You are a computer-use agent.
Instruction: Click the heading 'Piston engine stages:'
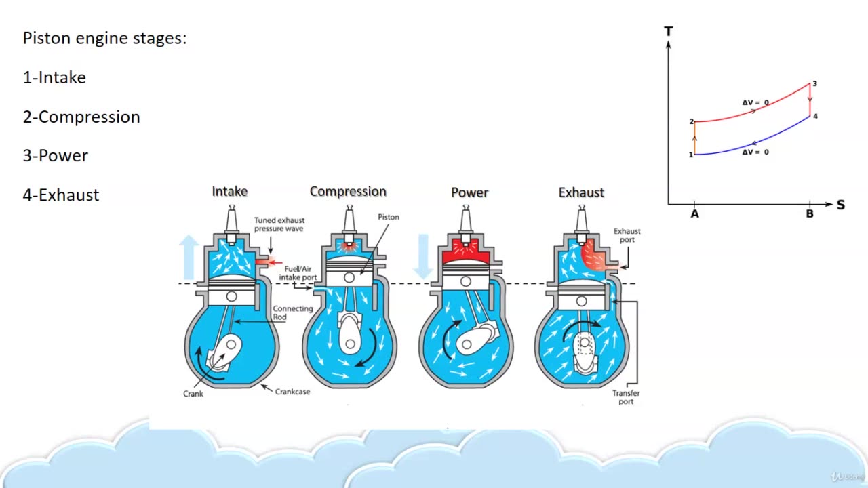pyautogui.click(x=104, y=38)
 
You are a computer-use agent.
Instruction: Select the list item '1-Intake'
pyautogui.click(x=54, y=77)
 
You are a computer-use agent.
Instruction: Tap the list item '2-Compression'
pyautogui.click(x=81, y=117)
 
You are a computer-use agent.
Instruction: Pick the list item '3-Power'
pyautogui.click(x=56, y=155)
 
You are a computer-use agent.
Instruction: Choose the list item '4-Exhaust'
pyautogui.click(x=61, y=195)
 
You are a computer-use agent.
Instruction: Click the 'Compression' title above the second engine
pyautogui.click(x=348, y=191)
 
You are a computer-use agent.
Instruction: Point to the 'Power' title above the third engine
pyautogui.click(x=470, y=192)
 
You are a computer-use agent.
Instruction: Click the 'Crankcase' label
pyautogui.click(x=292, y=392)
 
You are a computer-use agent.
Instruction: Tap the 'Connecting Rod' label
pyautogui.click(x=293, y=312)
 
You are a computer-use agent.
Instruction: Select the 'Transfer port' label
pyautogui.click(x=626, y=397)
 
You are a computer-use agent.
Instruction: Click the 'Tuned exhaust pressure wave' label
pyautogui.click(x=279, y=224)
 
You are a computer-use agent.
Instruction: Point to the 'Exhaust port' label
pyautogui.click(x=627, y=235)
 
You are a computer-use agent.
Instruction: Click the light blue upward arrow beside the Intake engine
pyautogui.click(x=189, y=258)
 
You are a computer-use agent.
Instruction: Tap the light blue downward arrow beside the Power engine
pyautogui.click(x=423, y=256)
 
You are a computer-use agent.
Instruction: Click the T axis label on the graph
pyautogui.click(x=669, y=31)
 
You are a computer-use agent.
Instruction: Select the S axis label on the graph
pyautogui.click(x=841, y=205)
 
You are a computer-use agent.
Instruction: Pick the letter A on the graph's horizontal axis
pyautogui.click(x=694, y=214)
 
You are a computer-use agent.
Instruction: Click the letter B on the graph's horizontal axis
pyautogui.click(x=810, y=214)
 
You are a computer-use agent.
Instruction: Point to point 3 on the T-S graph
pyautogui.click(x=814, y=84)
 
